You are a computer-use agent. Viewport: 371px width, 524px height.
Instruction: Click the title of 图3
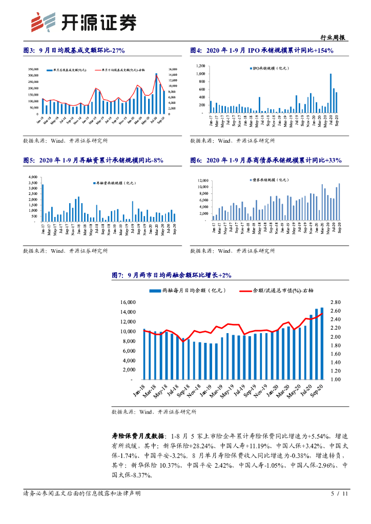[x=74, y=50]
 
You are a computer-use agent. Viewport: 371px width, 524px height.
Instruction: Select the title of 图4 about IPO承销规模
[x=262, y=50]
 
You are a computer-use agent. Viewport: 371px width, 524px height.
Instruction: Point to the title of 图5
[x=93, y=160]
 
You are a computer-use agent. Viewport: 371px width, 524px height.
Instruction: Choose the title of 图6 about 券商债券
[x=266, y=160]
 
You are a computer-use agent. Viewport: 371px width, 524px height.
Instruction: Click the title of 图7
[x=172, y=275]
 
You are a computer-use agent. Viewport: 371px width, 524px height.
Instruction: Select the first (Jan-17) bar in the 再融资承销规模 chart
[x=43, y=203]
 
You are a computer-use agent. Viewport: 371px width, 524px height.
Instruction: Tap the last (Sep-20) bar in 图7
[x=322, y=344]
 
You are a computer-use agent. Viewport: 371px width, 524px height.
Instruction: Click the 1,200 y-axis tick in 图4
[x=200, y=67]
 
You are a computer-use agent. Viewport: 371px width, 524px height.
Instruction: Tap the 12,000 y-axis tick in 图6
[x=203, y=181]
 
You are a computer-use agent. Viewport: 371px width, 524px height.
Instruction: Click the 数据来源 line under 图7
[x=154, y=411]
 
